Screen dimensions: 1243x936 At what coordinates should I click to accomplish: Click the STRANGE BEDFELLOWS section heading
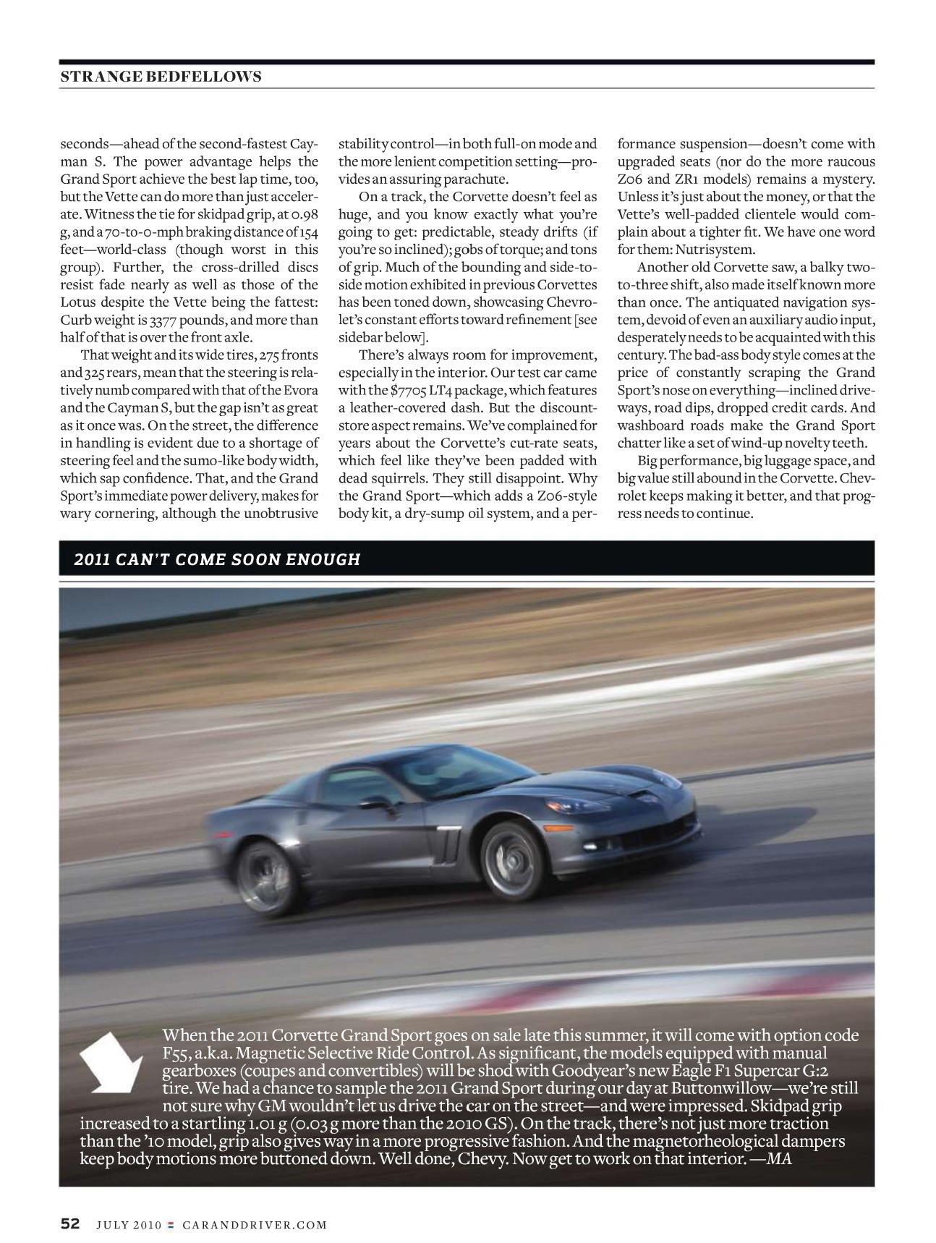coord(161,76)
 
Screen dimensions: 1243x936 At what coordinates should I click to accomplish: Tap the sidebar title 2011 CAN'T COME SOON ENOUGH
coord(217,559)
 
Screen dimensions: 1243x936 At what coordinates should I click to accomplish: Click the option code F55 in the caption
coord(175,1053)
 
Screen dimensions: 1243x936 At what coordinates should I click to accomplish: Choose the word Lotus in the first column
coord(78,302)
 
